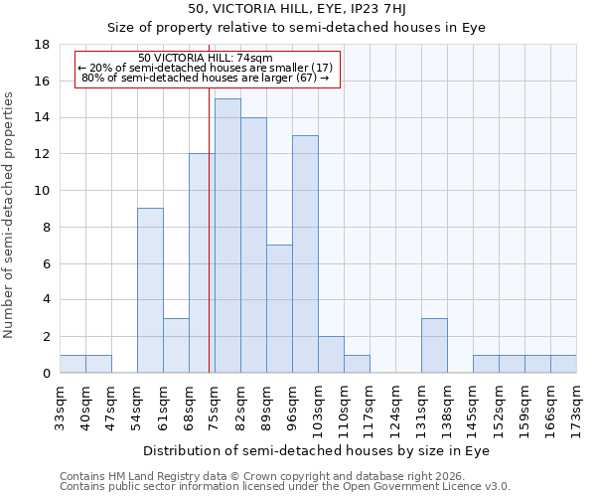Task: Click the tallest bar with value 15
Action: (x=227, y=236)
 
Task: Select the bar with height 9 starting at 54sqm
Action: (x=150, y=290)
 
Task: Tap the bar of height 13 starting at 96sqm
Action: (x=305, y=253)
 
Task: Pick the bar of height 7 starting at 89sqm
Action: (x=279, y=308)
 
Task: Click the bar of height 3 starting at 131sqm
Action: (x=434, y=345)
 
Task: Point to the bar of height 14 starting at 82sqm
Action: (x=253, y=245)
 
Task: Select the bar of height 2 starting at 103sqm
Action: (x=331, y=354)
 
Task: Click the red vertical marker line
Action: (x=210, y=229)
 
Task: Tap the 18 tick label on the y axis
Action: (x=42, y=45)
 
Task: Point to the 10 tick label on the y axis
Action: (x=42, y=191)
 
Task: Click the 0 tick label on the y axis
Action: (x=46, y=373)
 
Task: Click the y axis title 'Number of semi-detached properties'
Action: (x=9, y=215)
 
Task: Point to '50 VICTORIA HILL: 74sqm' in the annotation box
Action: (x=206, y=58)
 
